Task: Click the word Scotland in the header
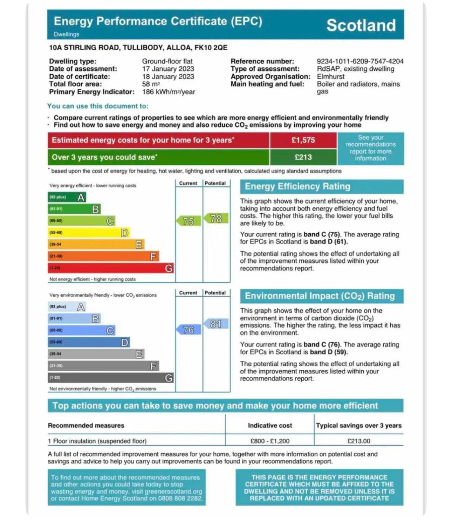[361, 26]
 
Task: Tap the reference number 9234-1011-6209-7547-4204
[360, 61]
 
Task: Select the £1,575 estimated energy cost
[303, 140]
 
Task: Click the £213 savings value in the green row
[303, 157]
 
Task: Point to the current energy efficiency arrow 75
[189, 221]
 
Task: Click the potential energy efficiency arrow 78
[215, 219]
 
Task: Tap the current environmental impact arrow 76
[189, 330]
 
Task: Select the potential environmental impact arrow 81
[215, 324]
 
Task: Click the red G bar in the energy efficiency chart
[110, 268]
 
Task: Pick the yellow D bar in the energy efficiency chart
[88, 233]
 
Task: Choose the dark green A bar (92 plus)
[67, 197]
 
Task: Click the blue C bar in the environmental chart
[81, 330]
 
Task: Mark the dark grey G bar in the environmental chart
[110, 378]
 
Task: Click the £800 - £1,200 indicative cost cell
[270, 441]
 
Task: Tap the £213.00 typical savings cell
[358, 441]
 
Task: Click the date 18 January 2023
[168, 77]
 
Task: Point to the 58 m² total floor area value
[151, 84]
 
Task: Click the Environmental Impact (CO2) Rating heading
[320, 296]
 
